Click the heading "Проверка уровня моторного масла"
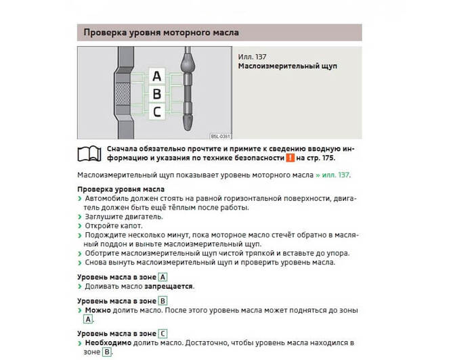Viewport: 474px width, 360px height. (x=160, y=32)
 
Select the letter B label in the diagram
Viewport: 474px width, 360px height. (x=157, y=93)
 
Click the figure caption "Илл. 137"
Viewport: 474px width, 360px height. (x=252, y=56)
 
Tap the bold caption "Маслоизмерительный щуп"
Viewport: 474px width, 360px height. (x=287, y=66)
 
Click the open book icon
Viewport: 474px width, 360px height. (x=90, y=153)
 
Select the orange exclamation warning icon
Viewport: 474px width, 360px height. (x=289, y=158)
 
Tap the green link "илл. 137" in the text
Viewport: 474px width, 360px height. (x=335, y=175)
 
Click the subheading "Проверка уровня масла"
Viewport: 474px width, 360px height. (x=121, y=189)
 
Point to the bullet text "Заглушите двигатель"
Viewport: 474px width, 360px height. (x=123, y=217)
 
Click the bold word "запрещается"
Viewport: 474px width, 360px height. (x=168, y=286)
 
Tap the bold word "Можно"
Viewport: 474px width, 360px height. (x=98, y=310)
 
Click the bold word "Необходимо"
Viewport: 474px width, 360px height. (x=110, y=343)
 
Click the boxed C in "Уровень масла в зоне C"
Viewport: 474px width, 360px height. (x=163, y=334)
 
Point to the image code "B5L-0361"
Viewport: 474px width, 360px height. (x=219, y=136)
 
